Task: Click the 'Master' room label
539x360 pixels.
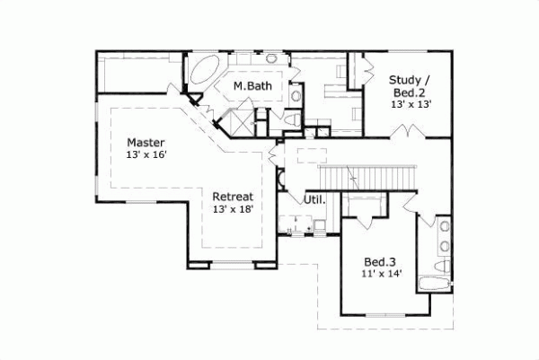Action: click(144, 143)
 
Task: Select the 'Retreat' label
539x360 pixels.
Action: click(233, 196)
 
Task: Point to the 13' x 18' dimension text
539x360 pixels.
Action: click(233, 208)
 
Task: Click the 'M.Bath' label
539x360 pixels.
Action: click(252, 86)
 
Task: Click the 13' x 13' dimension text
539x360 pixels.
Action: click(411, 104)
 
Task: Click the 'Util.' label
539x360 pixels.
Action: click(314, 199)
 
